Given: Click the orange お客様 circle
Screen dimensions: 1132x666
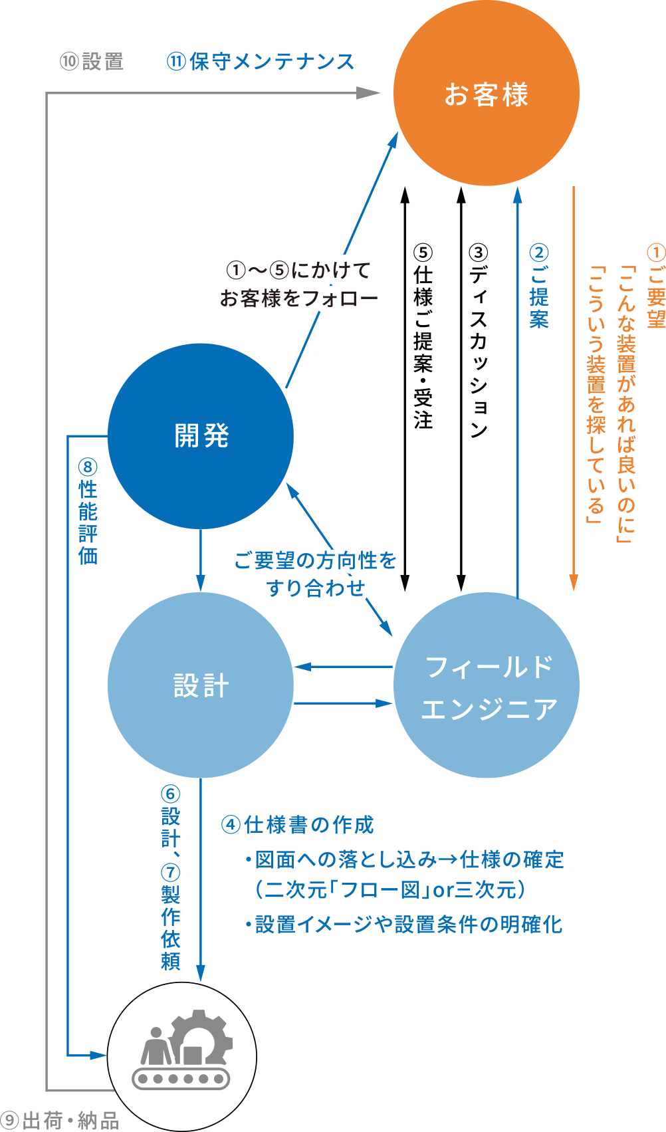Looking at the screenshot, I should (x=486, y=93).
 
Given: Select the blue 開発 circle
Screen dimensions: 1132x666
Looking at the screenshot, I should (x=200, y=435).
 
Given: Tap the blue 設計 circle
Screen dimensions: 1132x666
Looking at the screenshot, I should (x=200, y=685).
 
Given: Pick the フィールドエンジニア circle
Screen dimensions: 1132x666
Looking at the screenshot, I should (x=486, y=685).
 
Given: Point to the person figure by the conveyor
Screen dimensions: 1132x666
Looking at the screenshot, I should (x=156, y=1047).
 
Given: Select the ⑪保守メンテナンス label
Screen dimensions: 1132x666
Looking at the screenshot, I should (x=261, y=62).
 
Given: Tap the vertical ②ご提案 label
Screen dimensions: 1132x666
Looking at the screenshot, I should (x=538, y=286).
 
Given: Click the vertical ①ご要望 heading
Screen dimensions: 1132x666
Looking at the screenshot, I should (x=655, y=286).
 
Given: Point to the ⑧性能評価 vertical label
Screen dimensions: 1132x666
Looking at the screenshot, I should (x=88, y=512).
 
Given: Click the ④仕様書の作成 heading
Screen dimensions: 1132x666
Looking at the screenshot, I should (x=297, y=825).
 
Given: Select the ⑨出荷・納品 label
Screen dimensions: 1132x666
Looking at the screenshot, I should (x=60, y=1121).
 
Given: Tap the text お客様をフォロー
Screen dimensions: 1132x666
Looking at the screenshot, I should (x=298, y=298).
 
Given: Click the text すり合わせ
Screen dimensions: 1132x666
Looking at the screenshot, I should (x=316, y=588).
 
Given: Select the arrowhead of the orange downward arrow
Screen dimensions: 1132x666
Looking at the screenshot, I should (x=574, y=583).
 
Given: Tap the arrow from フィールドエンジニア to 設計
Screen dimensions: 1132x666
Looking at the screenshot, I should (x=342, y=667).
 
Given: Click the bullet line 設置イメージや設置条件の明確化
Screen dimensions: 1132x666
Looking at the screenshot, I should (x=403, y=925).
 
